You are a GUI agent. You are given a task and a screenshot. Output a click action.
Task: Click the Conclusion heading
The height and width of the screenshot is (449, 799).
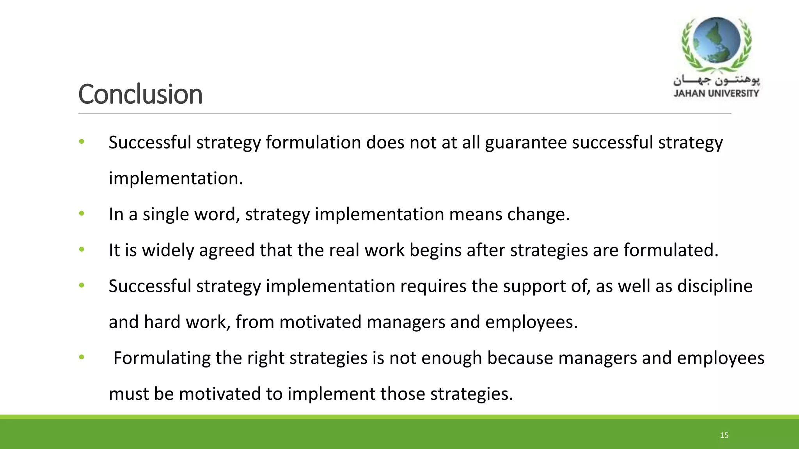140,94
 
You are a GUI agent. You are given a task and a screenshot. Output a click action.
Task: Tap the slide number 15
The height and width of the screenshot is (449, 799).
724,435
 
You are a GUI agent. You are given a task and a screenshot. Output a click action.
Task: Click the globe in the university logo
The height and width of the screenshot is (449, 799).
716,40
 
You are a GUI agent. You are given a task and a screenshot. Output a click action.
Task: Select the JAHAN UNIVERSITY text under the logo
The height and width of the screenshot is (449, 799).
716,93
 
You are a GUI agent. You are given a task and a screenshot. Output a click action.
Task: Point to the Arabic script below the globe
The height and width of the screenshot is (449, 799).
716,81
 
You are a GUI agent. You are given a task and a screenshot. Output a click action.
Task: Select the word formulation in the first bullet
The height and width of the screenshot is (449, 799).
313,143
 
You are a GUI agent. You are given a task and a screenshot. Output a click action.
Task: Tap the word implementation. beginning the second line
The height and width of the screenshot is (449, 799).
176,179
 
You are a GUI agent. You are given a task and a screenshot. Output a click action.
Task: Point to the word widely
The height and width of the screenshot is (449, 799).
168,250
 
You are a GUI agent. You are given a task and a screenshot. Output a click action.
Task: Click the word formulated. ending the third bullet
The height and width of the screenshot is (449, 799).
671,250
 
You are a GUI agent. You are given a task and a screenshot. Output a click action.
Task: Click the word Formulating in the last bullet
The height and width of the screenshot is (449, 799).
162,358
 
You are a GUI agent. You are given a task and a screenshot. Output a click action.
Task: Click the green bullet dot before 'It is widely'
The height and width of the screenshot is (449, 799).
82,249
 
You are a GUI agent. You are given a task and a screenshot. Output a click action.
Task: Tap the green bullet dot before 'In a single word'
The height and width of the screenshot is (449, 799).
82,214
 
